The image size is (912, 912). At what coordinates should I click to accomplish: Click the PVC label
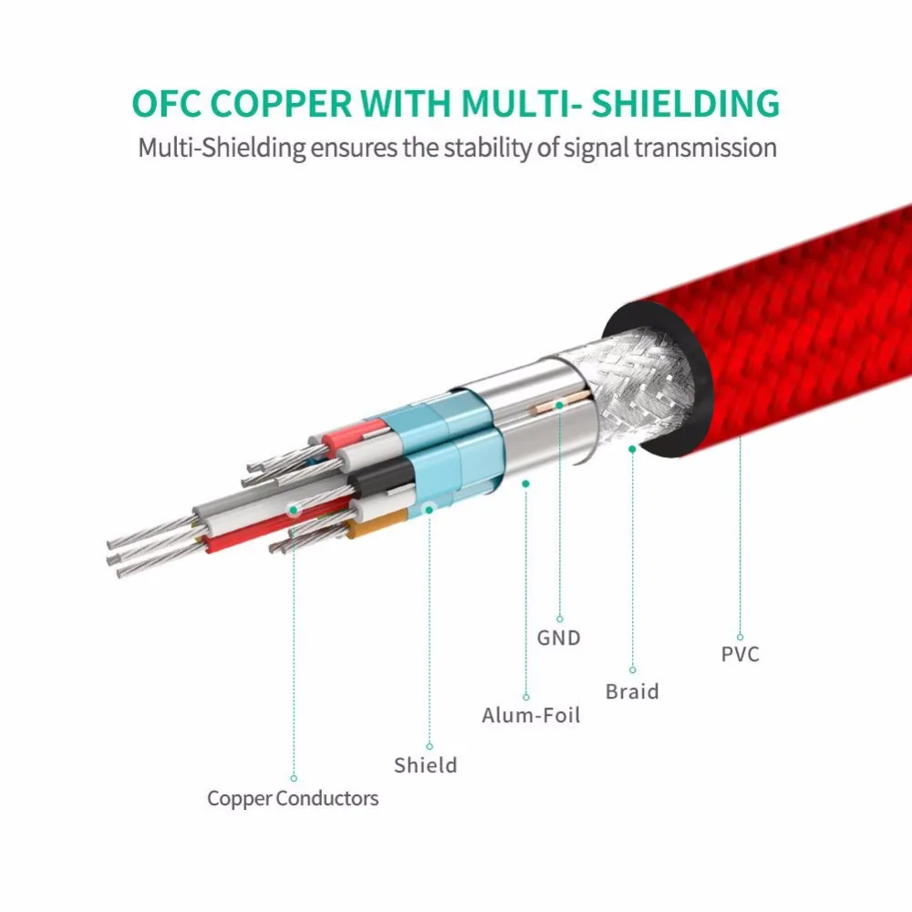coord(740,653)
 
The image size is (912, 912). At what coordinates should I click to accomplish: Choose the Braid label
coord(632,691)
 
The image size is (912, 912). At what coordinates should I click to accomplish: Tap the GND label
coord(558,637)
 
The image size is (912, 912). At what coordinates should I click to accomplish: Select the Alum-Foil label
coord(531,715)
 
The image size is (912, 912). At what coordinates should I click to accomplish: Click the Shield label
coord(425,764)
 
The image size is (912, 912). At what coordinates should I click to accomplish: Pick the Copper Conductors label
coord(293,799)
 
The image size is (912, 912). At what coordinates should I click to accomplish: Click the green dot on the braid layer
coord(632,449)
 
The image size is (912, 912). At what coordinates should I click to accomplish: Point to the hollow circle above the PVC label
coord(740,637)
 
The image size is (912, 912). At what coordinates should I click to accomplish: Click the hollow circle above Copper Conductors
coord(294,778)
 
